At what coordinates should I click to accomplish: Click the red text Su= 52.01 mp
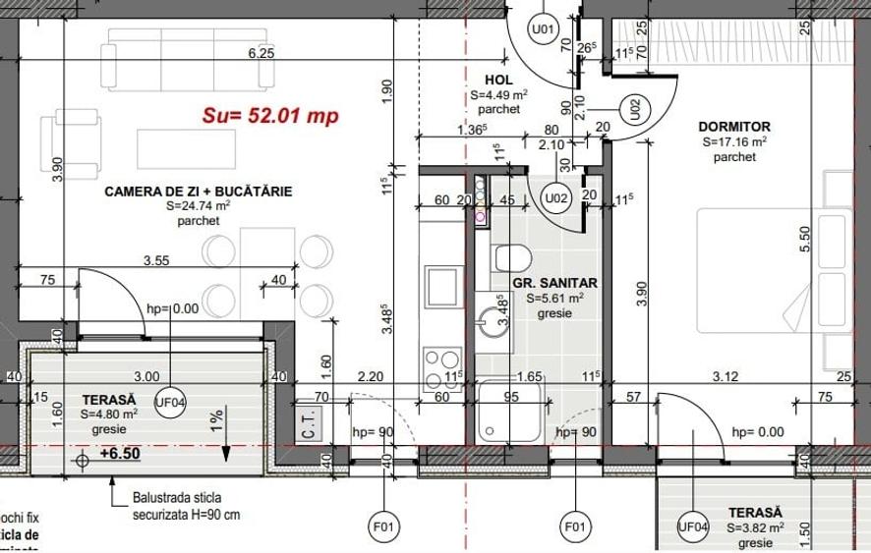tap(269, 116)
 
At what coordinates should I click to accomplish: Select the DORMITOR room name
tap(733, 127)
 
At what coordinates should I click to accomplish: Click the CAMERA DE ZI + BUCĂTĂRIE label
tap(198, 192)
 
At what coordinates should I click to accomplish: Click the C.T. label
tap(307, 427)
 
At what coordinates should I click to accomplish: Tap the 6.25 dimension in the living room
tap(261, 54)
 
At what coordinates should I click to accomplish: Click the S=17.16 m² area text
tap(733, 141)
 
